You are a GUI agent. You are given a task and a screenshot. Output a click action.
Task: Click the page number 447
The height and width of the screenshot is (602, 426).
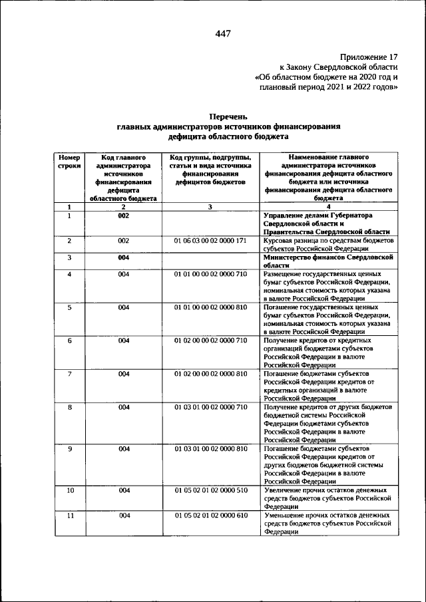click(x=222, y=35)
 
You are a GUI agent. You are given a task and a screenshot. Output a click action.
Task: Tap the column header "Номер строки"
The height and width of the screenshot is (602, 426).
click(x=69, y=161)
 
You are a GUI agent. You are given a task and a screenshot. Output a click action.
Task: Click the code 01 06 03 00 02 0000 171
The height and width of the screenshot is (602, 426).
click(x=210, y=240)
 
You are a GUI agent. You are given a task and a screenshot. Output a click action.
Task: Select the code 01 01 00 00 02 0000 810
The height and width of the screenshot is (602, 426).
click(x=210, y=308)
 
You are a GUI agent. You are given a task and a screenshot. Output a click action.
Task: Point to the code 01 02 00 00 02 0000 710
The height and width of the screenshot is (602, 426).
click(x=210, y=341)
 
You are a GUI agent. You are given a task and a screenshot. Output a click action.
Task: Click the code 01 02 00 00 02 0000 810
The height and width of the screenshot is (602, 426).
click(x=210, y=374)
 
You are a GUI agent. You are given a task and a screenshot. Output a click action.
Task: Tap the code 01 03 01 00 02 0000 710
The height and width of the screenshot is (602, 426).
click(x=210, y=406)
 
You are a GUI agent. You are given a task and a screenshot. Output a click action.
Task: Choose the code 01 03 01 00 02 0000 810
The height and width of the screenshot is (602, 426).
click(x=210, y=449)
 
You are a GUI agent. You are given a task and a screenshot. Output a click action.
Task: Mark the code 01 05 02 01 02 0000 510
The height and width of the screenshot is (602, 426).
click(x=210, y=490)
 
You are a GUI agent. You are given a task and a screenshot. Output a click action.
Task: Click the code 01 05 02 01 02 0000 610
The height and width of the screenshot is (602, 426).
click(x=210, y=516)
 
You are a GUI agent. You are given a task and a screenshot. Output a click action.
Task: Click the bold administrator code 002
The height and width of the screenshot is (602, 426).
click(x=123, y=216)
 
